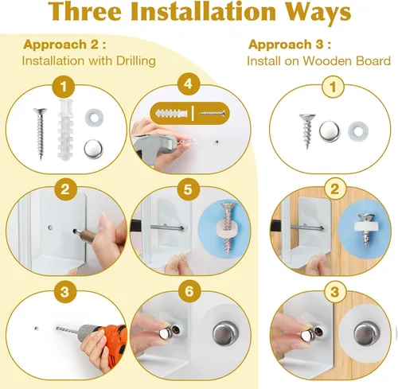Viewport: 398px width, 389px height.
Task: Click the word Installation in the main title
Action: coord(203,11)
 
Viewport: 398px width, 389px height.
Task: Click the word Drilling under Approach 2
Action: coord(136,61)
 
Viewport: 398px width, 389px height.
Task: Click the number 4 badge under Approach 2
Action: coord(188,84)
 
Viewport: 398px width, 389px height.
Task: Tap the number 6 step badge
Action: coord(189,291)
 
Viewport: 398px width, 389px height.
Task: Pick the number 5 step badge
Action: coord(188,189)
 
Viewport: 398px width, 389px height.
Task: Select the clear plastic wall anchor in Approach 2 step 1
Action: coord(65,128)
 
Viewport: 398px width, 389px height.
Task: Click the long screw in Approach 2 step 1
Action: coord(40,134)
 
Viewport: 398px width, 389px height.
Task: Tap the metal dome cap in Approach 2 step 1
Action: coord(94,150)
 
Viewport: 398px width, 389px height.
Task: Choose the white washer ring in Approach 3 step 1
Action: coord(358,131)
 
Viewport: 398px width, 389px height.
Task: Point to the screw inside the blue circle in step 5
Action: coord(228,229)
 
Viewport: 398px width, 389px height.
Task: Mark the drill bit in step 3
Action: coord(68,329)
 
